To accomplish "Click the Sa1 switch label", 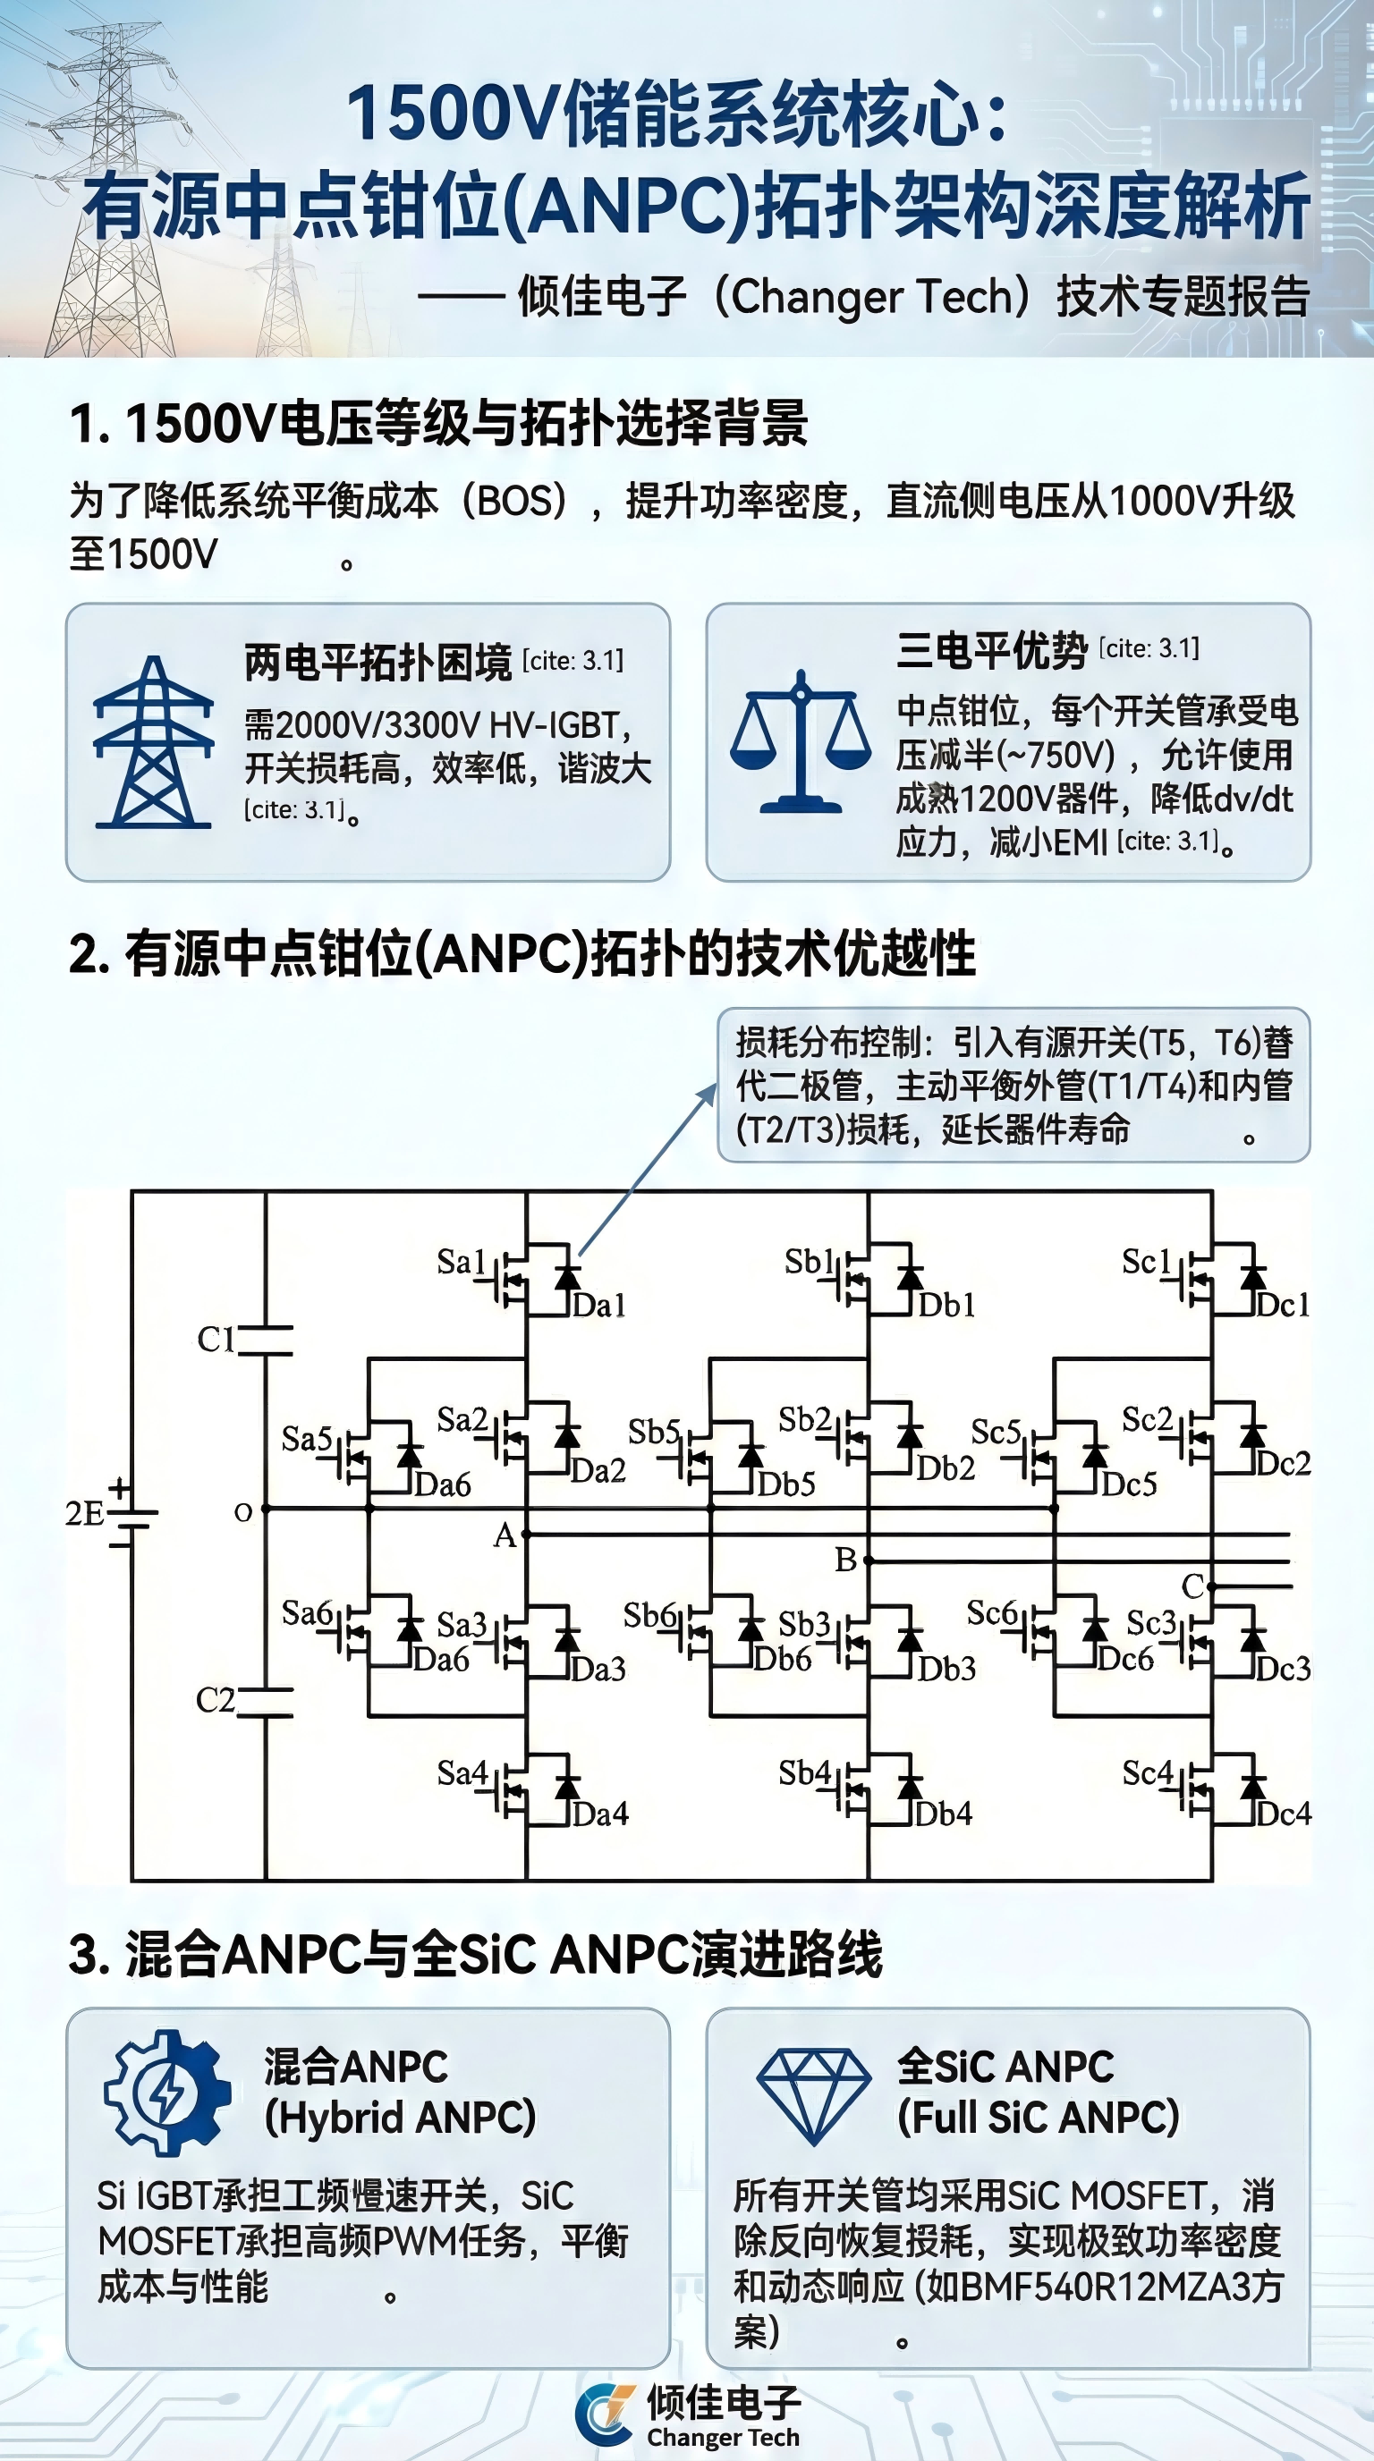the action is tap(462, 1262).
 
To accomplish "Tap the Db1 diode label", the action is tap(947, 1305).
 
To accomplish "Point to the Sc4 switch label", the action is tap(1148, 1774).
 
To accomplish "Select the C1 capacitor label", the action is tap(216, 1340).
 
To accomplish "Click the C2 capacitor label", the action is tap(215, 1700).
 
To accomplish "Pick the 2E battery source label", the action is tap(84, 1513).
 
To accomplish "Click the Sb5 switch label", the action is tap(654, 1432).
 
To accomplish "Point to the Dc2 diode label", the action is tap(1284, 1463).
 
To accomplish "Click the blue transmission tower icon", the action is tap(153, 741).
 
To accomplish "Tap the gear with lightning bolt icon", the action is tap(167, 2093).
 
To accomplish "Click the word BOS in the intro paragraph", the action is tap(515, 502).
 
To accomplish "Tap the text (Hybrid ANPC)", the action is tap(401, 2117).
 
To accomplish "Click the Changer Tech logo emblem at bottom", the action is tap(606, 2414).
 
